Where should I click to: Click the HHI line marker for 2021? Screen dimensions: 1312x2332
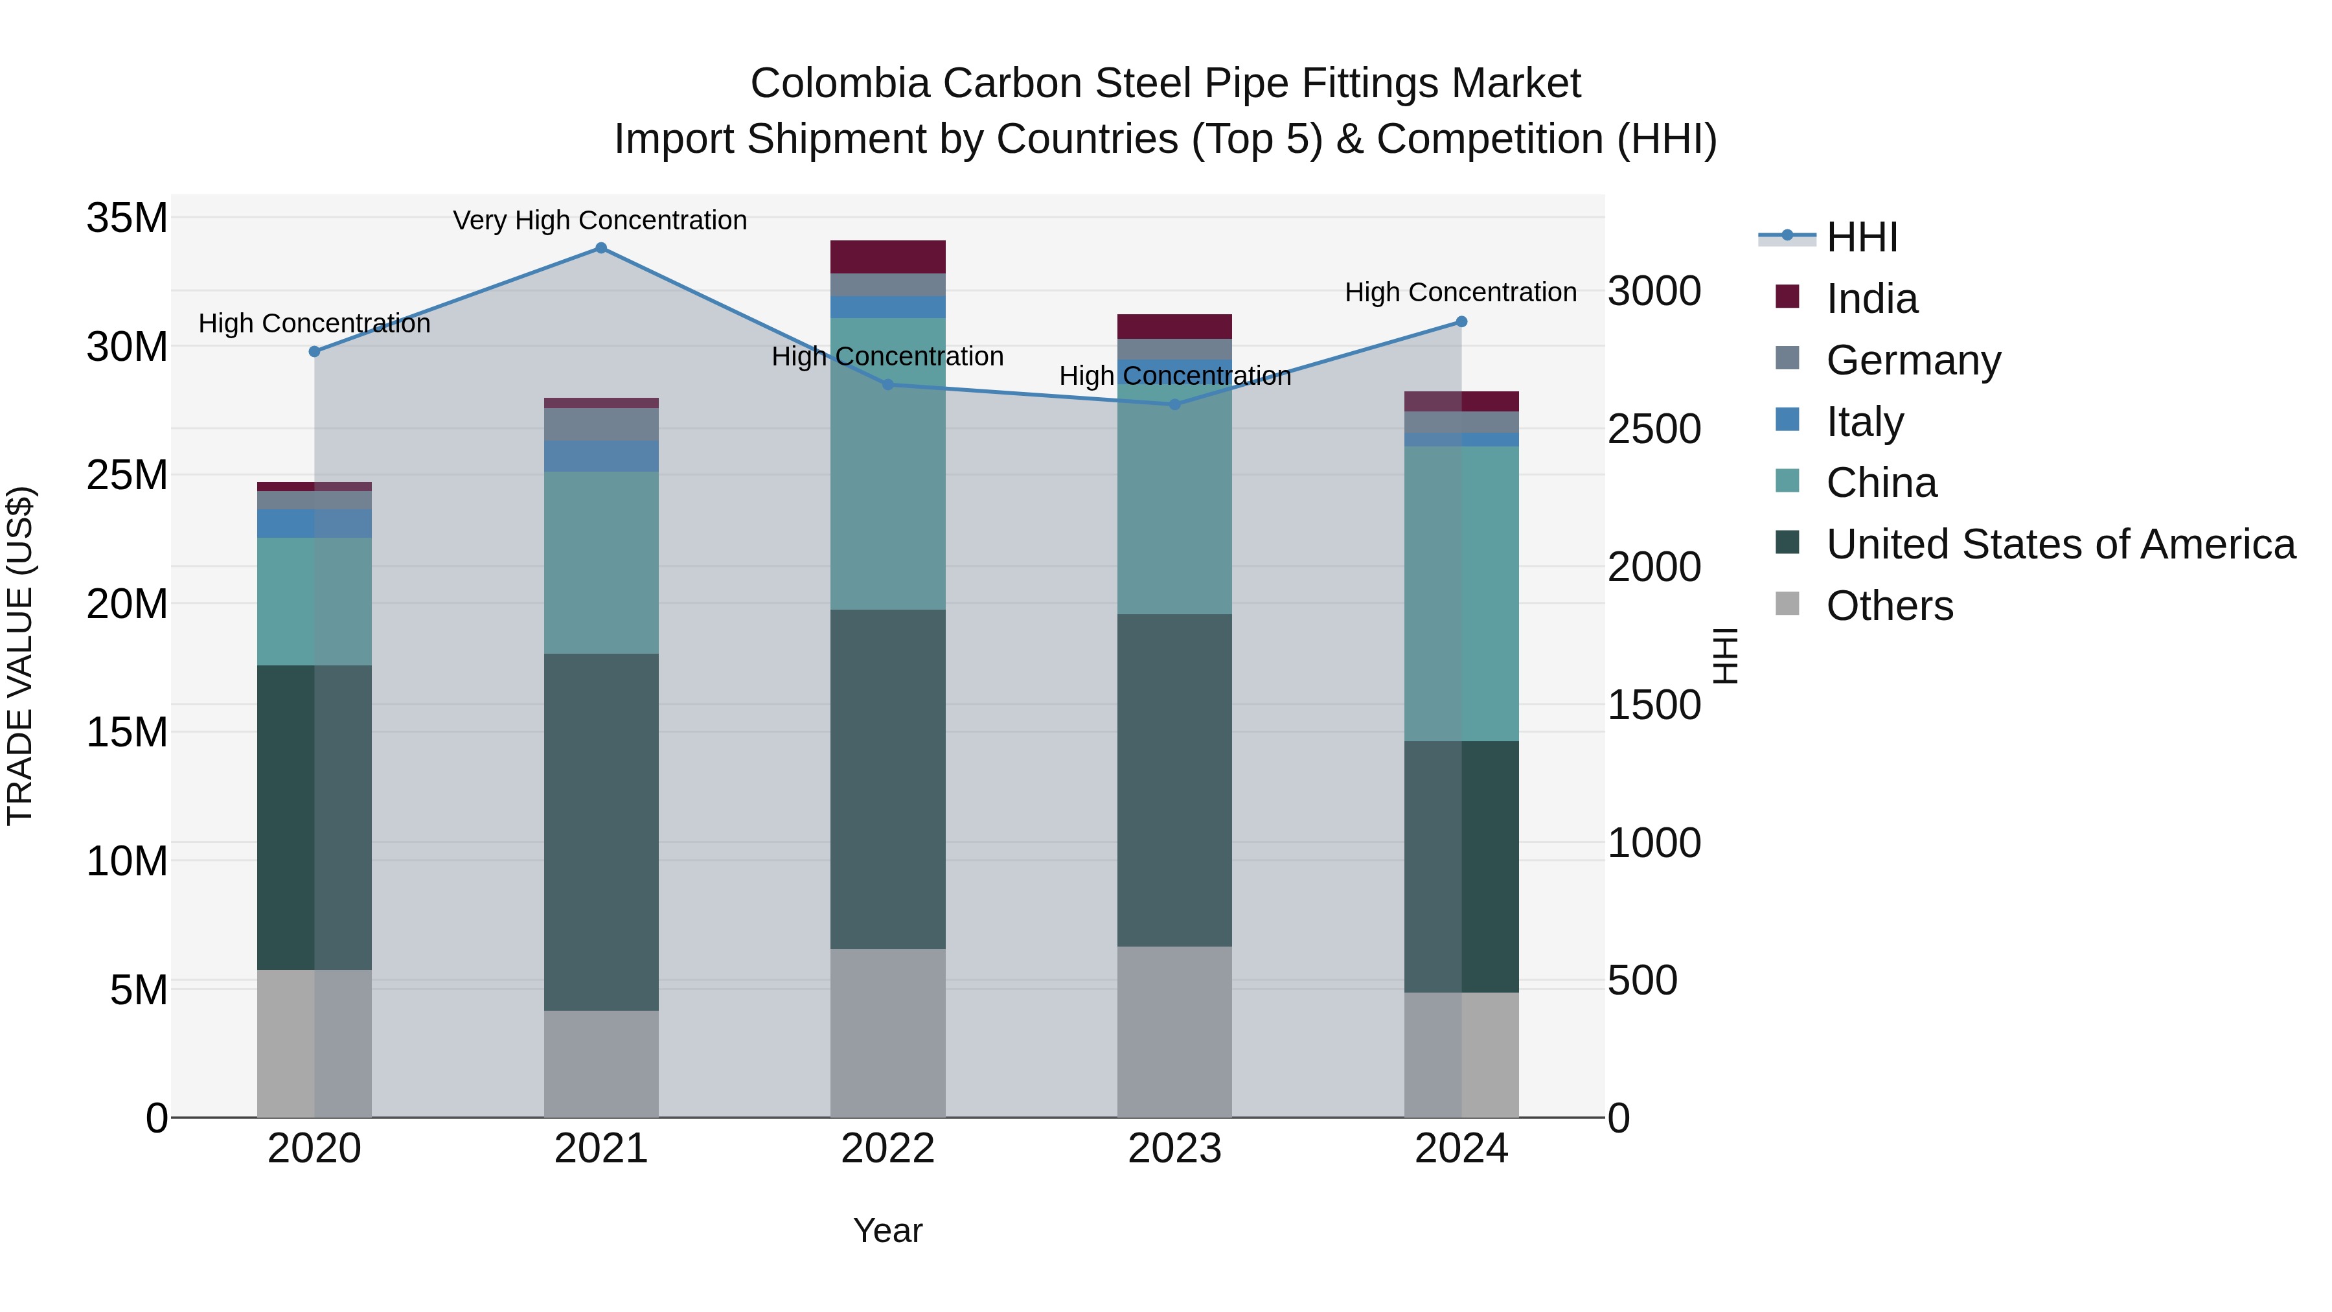(x=601, y=248)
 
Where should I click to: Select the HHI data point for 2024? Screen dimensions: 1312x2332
(x=1461, y=321)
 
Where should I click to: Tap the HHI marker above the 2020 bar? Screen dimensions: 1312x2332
(x=314, y=351)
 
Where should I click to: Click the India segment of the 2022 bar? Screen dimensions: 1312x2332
(x=887, y=257)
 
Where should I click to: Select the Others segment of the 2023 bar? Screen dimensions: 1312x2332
(x=1174, y=1031)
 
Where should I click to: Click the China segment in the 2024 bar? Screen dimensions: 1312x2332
(x=1461, y=593)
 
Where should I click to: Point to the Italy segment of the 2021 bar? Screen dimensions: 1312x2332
(x=601, y=455)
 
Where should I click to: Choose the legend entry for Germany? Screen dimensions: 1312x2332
(x=1913, y=360)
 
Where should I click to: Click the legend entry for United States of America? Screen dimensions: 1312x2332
(x=2059, y=544)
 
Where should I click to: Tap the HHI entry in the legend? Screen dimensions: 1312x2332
(x=1861, y=237)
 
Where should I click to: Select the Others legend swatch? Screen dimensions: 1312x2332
(x=1788, y=604)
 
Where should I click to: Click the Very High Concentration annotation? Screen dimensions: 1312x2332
(x=600, y=220)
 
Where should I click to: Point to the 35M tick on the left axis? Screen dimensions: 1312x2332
(x=127, y=218)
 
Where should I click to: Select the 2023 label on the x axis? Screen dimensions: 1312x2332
(x=1174, y=1149)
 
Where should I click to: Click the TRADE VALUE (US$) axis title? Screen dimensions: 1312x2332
(x=20, y=656)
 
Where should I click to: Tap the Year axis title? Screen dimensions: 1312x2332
(x=887, y=1230)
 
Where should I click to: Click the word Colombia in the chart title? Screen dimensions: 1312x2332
(x=839, y=84)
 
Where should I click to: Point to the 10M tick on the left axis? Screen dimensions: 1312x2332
(x=127, y=861)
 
